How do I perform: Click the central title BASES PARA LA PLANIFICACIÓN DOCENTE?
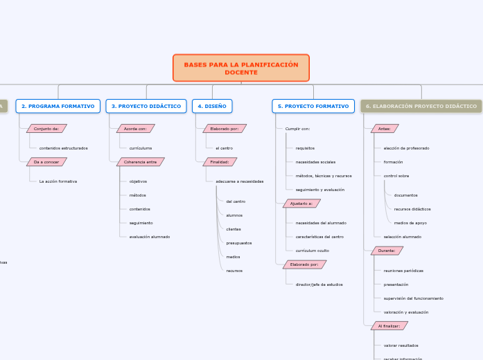(241, 68)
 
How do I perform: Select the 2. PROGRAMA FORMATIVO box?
(58, 106)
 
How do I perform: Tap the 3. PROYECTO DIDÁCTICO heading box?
(146, 106)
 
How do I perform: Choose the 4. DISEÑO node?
(212, 106)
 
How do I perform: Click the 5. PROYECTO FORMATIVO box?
(313, 106)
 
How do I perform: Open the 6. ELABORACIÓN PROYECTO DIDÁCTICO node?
(421, 106)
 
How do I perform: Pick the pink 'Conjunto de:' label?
(46, 129)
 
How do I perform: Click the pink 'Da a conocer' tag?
(46, 162)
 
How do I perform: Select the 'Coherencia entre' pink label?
(140, 162)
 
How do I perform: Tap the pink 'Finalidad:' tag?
(220, 162)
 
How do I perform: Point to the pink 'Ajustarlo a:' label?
(301, 204)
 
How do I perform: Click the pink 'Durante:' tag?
(387, 251)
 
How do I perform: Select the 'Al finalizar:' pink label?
(389, 325)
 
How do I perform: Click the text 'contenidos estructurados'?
(63, 148)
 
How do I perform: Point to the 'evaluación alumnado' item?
(149, 237)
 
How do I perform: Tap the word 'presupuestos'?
(238, 243)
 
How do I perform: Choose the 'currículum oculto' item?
(312, 251)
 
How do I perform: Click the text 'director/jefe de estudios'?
(319, 285)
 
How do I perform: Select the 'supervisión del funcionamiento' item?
(413, 298)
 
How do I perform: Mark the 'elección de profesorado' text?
(406, 148)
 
